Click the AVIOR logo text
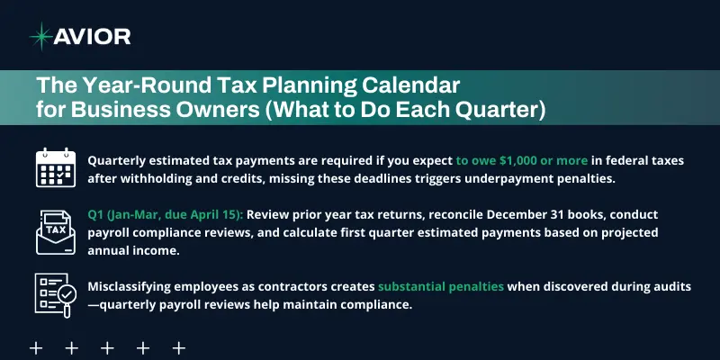tap(93, 36)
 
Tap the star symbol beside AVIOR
tap(40, 36)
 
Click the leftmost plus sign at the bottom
tap(36, 347)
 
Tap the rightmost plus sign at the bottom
tap(179, 347)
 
